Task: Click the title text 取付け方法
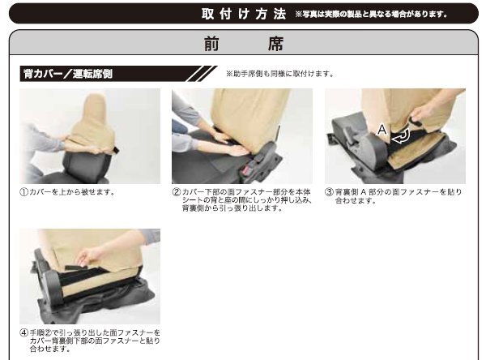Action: click(244, 14)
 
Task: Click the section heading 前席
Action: click(244, 44)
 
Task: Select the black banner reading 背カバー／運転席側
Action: click(117, 74)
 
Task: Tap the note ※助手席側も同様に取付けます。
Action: click(280, 74)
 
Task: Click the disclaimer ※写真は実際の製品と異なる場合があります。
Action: click(371, 15)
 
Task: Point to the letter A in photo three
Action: click(382, 130)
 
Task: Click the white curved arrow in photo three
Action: click(402, 136)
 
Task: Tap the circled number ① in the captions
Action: click(24, 192)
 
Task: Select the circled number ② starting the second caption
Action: click(177, 192)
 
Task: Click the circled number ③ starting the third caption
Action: click(329, 192)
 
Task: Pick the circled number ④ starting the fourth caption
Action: click(24, 333)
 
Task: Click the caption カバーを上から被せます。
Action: click(73, 192)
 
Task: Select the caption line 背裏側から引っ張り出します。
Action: click(232, 208)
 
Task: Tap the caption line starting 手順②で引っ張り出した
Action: click(95, 333)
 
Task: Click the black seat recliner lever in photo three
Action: click(350, 136)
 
